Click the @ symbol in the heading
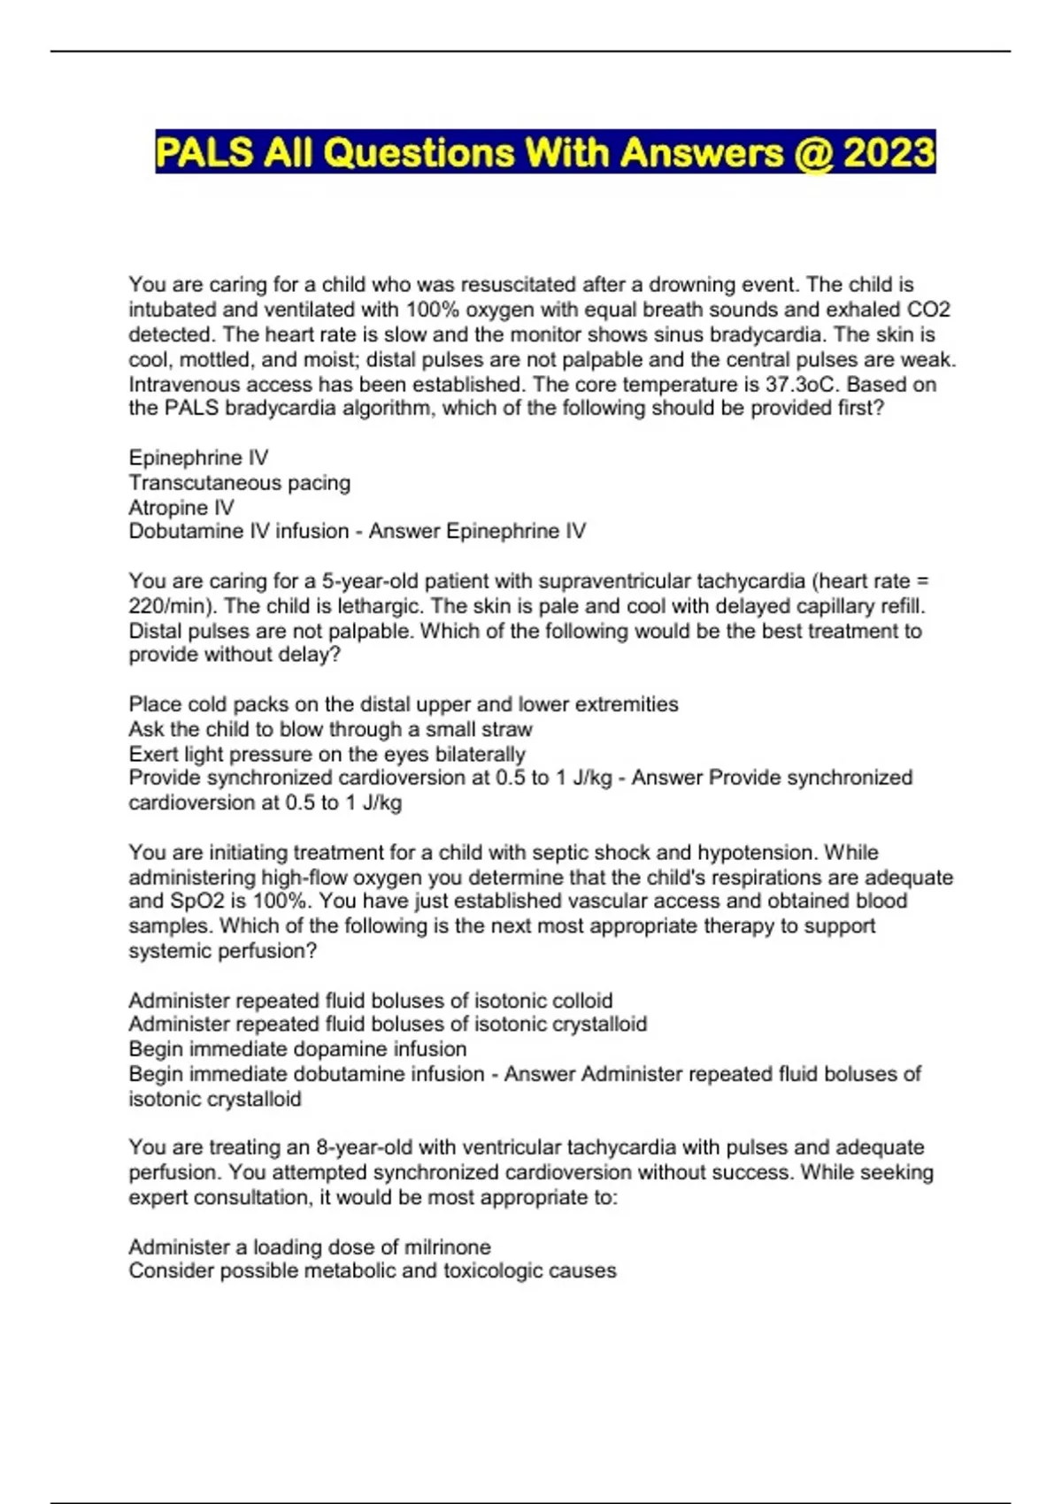click(x=814, y=153)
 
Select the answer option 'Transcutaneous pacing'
click(x=239, y=483)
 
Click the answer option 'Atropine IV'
click(x=181, y=508)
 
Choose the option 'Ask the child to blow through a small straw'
click(x=330, y=730)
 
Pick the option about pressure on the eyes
click(x=327, y=755)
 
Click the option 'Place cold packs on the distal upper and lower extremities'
click(x=403, y=705)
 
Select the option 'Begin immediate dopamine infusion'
click(x=297, y=1049)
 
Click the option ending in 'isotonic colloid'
click(x=370, y=1001)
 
